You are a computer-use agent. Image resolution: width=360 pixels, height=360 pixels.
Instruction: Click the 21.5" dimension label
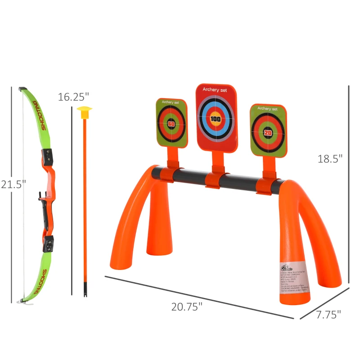(13, 184)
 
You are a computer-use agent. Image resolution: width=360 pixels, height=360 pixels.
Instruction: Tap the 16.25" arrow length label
(73, 97)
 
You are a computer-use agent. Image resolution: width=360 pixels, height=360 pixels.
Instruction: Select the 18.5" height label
(330, 158)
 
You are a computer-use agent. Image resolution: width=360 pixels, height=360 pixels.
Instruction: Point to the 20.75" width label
(187, 306)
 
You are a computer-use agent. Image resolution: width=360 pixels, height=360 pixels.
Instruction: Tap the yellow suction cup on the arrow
(84, 112)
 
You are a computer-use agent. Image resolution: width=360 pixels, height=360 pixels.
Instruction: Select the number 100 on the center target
(216, 119)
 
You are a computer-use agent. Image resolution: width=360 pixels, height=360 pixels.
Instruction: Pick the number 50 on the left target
(171, 124)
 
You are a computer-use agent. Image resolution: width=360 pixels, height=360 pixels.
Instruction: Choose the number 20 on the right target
(268, 133)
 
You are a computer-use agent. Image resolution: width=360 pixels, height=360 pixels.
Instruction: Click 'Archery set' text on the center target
(215, 90)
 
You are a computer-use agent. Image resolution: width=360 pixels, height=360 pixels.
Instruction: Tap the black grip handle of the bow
(45, 214)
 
